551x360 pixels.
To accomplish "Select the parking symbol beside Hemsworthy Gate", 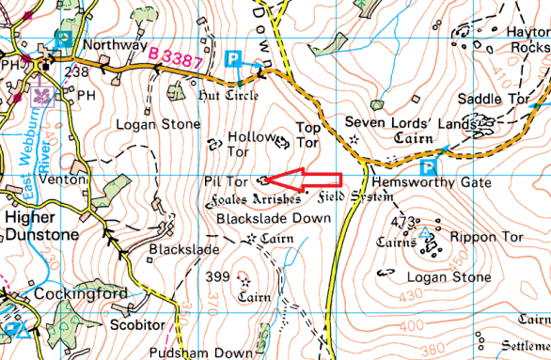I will pos(429,167).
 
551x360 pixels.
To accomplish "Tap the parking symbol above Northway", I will pos(63,39).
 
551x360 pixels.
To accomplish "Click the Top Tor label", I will pos(307,134).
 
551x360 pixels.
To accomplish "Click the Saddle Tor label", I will pos(489,99).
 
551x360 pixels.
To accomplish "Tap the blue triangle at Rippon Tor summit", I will pos(424,232).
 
